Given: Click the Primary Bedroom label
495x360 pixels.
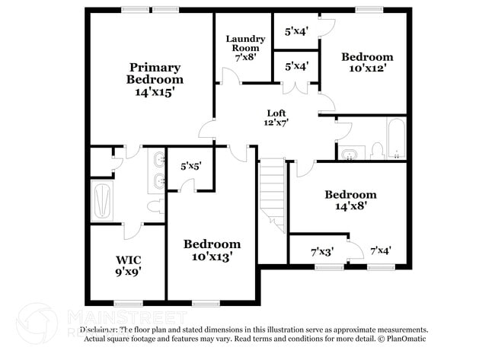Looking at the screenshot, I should [x=155, y=78].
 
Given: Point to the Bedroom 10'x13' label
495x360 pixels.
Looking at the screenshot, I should [x=212, y=250].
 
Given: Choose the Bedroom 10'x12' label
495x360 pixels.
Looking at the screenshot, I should [x=367, y=62].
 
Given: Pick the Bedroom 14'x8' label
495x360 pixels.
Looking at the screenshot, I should [x=350, y=199].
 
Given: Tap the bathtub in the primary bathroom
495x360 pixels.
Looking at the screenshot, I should [x=104, y=201].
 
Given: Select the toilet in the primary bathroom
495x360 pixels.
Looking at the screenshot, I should [x=154, y=205].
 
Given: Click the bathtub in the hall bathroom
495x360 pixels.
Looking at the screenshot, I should [x=397, y=139].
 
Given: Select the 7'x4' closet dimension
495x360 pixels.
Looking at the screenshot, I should [x=381, y=250].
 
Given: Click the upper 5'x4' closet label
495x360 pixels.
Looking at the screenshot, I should [x=296, y=32].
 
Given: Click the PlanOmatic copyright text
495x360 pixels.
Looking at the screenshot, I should [x=403, y=338].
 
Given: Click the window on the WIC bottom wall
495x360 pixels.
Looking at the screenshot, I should [x=128, y=303].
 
